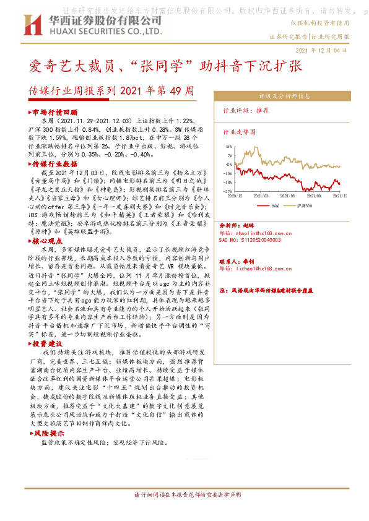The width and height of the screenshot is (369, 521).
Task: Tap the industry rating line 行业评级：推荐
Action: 246,110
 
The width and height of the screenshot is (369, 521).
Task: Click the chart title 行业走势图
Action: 238,132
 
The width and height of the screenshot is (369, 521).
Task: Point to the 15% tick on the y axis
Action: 229,147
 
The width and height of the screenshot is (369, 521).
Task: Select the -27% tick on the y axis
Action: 228,191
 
